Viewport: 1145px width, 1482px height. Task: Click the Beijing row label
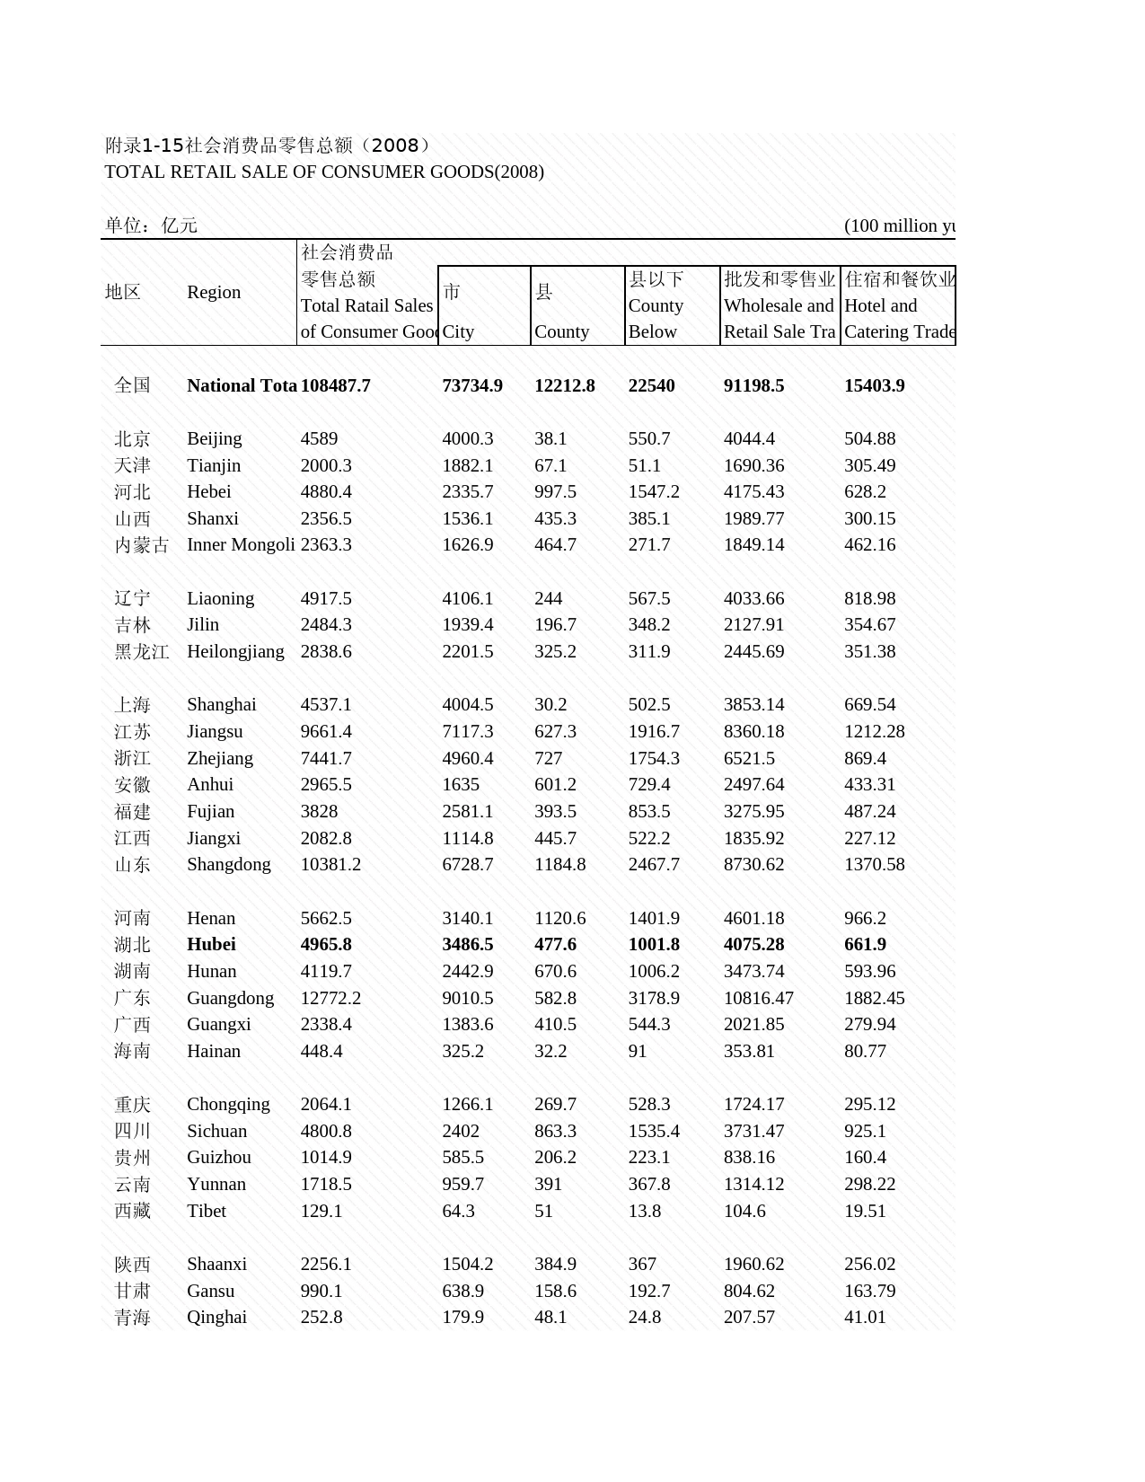click(x=214, y=438)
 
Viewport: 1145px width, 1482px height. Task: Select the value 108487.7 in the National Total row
click(x=335, y=385)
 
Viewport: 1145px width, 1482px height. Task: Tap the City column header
click(x=458, y=331)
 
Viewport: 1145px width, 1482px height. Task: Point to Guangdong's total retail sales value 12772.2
click(x=330, y=998)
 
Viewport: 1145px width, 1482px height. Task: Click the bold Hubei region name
click(x=211, y=944)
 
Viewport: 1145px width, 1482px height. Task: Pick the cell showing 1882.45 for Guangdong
click(x=874, y=998)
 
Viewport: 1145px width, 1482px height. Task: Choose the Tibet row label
click(x=207, y=1211)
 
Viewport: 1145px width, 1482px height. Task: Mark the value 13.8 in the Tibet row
click(x=644, y=1211)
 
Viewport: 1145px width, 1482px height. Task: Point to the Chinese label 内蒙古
click(x=142, y=545)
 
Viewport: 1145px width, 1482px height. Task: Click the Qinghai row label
click(x=216, y=1317)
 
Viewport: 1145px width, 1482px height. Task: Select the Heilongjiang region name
click(x=235, y=651)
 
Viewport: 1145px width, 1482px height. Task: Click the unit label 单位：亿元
click(x=151, y=225)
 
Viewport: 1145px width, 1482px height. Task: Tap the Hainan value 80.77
click(x=865, y=1051)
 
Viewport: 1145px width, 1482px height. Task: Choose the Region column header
click(x=214, y=292)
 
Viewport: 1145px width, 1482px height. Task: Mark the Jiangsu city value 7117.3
click(x=467, y=731)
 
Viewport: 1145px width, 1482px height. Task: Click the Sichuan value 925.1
click(x=865, y=1131)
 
